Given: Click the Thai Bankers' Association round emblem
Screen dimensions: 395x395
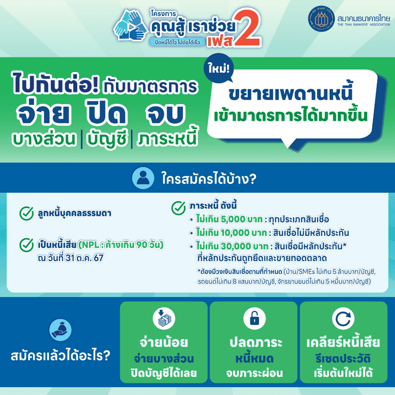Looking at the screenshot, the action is pyautogui.click(x=321, y=19).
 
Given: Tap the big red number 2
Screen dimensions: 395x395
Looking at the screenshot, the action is pyautogui.click(x=247, y=28).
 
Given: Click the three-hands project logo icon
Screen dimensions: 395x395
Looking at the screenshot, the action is pyautogui.click(x=130, y=25).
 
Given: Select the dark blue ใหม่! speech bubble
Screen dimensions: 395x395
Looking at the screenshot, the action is pyautogui.click(x=218, y=68).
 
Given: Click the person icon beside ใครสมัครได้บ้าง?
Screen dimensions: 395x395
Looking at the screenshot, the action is pyautogui.click(x=143, y=178).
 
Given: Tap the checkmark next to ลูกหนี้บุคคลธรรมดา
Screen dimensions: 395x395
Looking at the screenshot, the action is pyautogui.click(x=27, y=213).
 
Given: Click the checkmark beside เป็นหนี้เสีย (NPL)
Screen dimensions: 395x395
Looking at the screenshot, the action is pyautogui.click(x=27, y=245).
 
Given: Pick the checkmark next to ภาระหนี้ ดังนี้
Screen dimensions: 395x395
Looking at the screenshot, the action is pyautogui.click(x=178, y=208).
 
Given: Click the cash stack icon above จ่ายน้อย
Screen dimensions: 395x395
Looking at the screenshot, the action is pyautogui.click(x=164, y=318).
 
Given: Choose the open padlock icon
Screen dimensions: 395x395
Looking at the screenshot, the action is pyautogui.click(x=254, y=318).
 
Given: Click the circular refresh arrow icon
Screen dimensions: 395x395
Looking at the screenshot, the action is pyautogui.click(x=343, y=318).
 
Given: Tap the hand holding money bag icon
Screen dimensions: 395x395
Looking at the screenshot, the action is pyautogui.click(x=60, y=330).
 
